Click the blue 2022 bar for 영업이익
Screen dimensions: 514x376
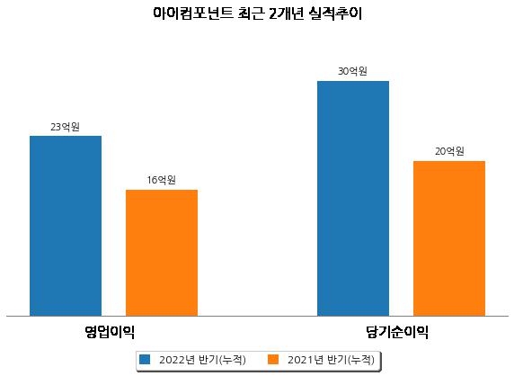pyautogui.click(x=66, y=226)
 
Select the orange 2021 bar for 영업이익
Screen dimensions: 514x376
pyautogui.click(x=162, y=253)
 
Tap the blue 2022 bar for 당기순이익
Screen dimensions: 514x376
pyautogui.click(x=353, y=199)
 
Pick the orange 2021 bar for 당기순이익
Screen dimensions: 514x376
pyautogui.click(x=449, y=238)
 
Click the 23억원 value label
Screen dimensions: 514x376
pyautogui.click(x=66, y=127)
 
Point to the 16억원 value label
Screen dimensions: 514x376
pyautogui.click(x=161, y=180)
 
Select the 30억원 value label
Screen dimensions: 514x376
pyautogui.click(x=353, y=71)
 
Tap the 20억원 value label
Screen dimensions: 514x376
pyautogui.click(x=449, y=151)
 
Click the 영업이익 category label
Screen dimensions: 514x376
pyautogui.click(x=110, y=332)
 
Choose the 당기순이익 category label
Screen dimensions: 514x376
pyautogui.click(x=397, y=332)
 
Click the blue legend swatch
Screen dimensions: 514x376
pyautogui.click(x=145, y=359)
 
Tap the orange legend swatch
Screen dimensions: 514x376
pyautogui.click(x=273, y=359)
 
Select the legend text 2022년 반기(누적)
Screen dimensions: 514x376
pyautogui.click(x=202, y=360)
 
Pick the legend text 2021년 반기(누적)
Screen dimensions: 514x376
pyautogui.click(x=331, y=360)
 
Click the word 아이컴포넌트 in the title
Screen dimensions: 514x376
pyautogui.click(x=193, y=13)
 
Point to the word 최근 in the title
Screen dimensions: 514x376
pyautogui.click(x=251, y=13)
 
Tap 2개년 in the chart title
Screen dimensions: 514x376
pyautogui.click(x=286, y=13)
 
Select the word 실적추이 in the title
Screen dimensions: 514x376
pyautogui.click(x=335, y=13)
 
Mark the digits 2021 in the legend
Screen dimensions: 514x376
pyautogui.click(x=300, y=360)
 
